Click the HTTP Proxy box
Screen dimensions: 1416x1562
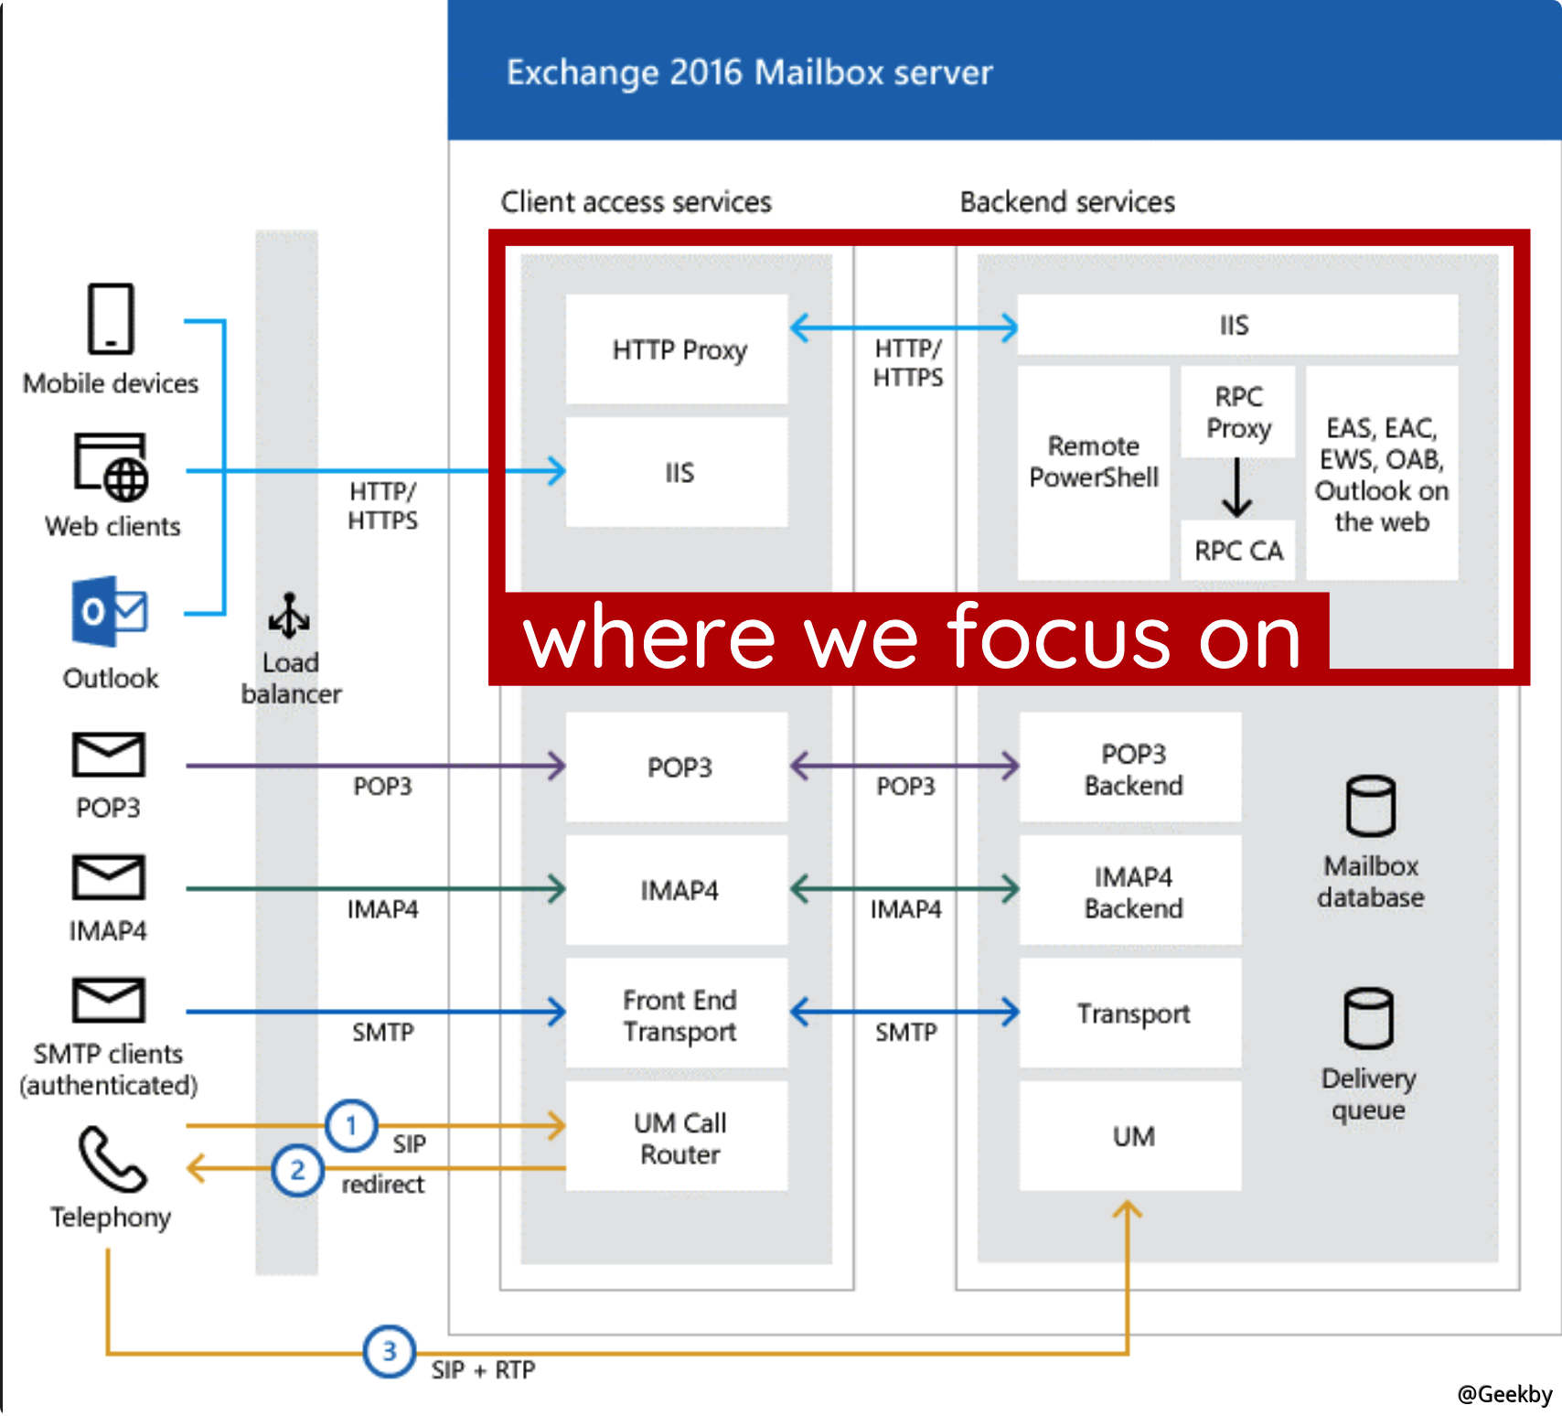(x=677, y=349)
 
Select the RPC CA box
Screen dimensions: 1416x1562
(x=1238, y=551)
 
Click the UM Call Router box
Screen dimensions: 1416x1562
(x=677, y=1137)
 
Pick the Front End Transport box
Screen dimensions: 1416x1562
(x=677, y=1014)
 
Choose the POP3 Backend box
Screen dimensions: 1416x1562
(x=1131, y=768)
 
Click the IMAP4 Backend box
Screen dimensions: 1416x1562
(x=1131, y=891)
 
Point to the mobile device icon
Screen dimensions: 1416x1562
(x=111, y=318)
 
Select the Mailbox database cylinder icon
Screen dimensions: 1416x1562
(x=1370, y=806)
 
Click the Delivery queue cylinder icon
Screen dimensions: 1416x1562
(x=1368, y=1018)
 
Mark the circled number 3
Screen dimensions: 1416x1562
(x=390, y=1351)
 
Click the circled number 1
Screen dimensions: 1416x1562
(x=351, y=1125)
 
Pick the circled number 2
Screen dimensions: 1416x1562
(x=297, y=1170)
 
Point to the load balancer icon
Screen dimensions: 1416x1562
(x=289, y=615)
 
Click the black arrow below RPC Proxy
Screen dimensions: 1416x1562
(x=1236, y=488)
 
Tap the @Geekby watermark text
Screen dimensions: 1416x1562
(x=1503, y=1393)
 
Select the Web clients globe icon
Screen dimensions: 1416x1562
(x=124, y=478)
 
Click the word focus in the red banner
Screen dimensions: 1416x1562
(x=1057, y=638)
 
